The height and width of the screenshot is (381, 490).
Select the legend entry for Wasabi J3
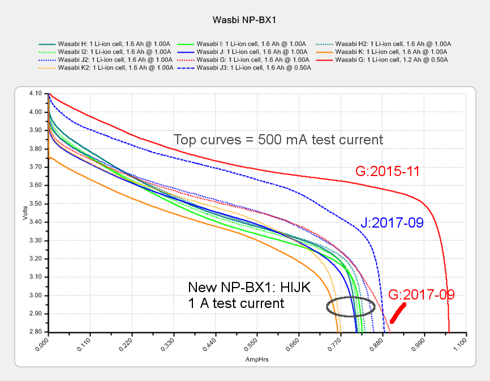tap(247, 68)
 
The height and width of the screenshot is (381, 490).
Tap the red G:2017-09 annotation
tap(422, 295)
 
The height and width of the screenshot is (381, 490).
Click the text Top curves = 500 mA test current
tap(278, 139)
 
